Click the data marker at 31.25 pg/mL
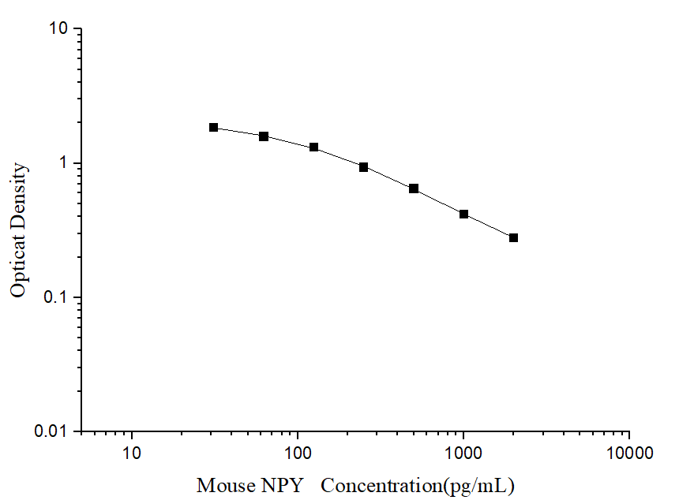point(214,127)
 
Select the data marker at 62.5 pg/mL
point(264,136)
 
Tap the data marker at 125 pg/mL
point(313,147)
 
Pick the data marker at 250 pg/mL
point(363,167)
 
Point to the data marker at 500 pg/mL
point(414,188)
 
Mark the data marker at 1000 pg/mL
point(463,214)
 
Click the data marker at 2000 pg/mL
point(513,237)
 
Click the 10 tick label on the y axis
point(60,29)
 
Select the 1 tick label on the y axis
point(66,163)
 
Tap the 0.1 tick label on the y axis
point(58,297)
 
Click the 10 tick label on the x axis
point(132,454)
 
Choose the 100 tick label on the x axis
point(298,454)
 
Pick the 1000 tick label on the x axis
point(463,454)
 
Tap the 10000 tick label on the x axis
point(629,454)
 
